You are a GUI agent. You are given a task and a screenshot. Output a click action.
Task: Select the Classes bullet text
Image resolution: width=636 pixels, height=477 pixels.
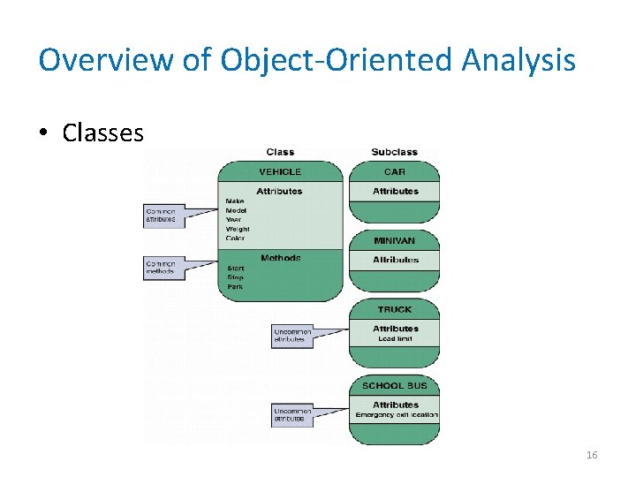(x=102, y=132)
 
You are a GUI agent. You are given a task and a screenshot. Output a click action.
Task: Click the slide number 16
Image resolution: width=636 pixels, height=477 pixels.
(x=592, y=455)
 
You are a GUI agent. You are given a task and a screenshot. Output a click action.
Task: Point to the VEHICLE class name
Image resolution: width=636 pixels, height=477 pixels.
(x=279, y=171)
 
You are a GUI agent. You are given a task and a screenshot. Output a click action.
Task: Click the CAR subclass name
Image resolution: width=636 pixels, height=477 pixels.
(x=395, y=171)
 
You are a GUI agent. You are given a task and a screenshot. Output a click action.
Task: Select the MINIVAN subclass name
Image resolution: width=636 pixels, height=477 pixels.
(x=395, y=240)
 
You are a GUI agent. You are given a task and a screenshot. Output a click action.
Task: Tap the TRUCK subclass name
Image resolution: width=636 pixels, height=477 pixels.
(x=395, y=309)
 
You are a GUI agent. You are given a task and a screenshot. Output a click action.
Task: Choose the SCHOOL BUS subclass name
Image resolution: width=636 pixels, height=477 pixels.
(x=395, y=386)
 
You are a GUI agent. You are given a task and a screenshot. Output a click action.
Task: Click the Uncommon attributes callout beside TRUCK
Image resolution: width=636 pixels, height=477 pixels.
(x=293, y=336)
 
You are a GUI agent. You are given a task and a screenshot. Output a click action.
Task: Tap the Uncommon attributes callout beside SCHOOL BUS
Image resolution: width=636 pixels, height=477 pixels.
(x=293, y=414)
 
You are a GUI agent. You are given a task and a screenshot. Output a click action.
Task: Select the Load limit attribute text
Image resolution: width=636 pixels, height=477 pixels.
(x=395, y=338)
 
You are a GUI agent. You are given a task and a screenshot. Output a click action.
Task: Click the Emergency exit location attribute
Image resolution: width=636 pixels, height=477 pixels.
(x=396, y=415)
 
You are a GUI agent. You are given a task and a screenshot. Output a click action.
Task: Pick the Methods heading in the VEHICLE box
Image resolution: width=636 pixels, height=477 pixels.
(x=280, y=258)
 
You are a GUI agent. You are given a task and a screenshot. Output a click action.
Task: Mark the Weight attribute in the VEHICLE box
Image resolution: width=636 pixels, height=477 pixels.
(x=238, y=229)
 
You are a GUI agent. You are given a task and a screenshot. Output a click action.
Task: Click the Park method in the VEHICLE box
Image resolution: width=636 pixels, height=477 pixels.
(x=236, y=286)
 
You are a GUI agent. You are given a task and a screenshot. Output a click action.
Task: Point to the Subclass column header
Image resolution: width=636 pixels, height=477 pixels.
(x=395, y=152)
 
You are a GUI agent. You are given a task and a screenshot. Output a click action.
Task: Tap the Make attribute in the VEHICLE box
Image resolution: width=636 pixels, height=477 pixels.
(x=236, y=201)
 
